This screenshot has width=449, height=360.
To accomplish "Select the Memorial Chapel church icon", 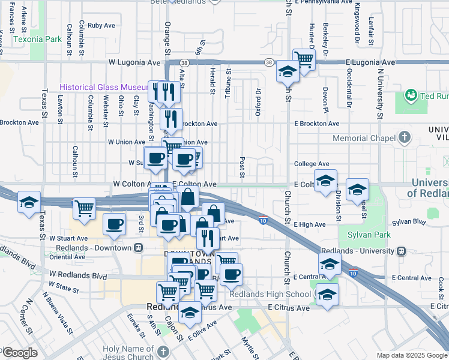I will (405, 138).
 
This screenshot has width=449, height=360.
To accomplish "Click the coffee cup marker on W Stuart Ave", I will (114, 224).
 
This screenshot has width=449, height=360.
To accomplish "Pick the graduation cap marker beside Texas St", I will (29, 202).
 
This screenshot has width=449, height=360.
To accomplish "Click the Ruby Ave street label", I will (101, 25).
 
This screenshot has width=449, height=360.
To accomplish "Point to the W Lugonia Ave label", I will (134, 62).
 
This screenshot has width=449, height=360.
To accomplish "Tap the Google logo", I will (19, 353).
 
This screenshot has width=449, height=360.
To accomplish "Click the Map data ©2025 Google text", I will (411, 355).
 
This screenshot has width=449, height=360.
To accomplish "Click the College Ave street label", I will (312, 163).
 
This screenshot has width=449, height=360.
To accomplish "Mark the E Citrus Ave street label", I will (289, 307).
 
